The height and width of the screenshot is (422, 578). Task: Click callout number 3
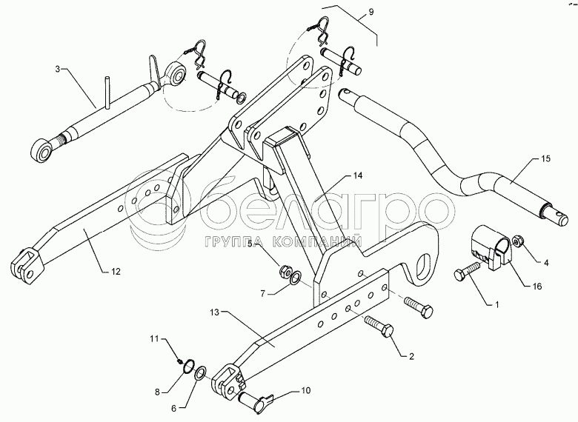click(58, 68)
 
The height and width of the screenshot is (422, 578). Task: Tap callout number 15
click(547, 158)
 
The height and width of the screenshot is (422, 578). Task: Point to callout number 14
click(358, 175)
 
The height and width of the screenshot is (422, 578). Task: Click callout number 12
click(115, 272)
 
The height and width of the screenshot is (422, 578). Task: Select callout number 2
click(411, 357)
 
